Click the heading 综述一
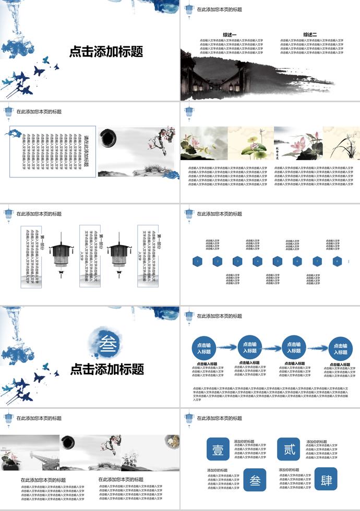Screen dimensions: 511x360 (230, 35)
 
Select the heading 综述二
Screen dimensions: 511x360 (310, 35)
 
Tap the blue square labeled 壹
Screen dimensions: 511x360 (218, 449)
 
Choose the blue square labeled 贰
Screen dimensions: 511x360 (289, 449)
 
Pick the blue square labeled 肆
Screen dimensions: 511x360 (326, 479)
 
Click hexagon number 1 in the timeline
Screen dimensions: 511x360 (197, 261)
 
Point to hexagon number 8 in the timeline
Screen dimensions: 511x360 (337, 261)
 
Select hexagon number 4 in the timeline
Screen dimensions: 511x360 (257, 261)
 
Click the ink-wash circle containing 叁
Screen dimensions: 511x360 (109, 342)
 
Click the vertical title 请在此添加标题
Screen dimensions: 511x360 (87, 152)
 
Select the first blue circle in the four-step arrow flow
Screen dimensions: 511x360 (204, 348)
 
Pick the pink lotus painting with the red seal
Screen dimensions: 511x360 (298, 143)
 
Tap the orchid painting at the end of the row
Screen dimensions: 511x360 (341, 143)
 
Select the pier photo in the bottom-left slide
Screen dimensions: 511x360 (30, 453)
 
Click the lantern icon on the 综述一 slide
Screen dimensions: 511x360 (188, 10)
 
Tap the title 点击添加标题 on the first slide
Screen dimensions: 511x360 (106, 52)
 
